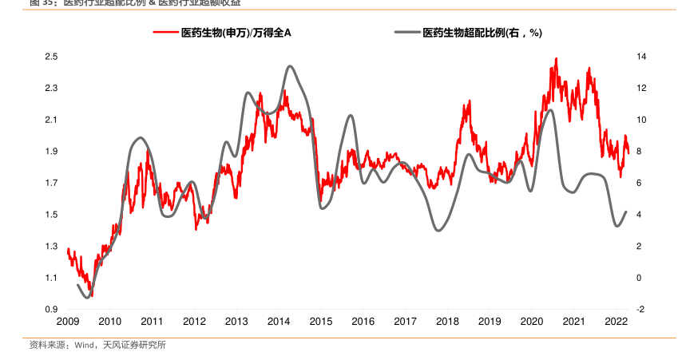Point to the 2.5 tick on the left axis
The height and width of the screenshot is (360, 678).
point(50,57)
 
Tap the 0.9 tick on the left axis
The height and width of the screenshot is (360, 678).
point(50,310)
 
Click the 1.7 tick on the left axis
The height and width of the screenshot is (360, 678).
point(50,184)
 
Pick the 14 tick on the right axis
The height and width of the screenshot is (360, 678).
point(641,57)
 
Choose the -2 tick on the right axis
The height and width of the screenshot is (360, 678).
point(641,310)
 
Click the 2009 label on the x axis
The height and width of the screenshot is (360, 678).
point(67,321)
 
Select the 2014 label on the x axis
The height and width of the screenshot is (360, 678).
point(279,321)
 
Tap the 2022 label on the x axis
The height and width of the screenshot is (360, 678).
point(617,321)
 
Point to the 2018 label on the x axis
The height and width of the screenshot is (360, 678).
point(447,321)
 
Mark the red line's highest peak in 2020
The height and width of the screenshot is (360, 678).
point(556,58)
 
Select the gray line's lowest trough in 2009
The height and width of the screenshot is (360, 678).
point(88,298)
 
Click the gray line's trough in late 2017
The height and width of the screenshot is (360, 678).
point(438,231)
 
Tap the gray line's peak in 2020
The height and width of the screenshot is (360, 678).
point(549,110)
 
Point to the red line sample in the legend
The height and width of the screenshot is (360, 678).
point(165,33)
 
